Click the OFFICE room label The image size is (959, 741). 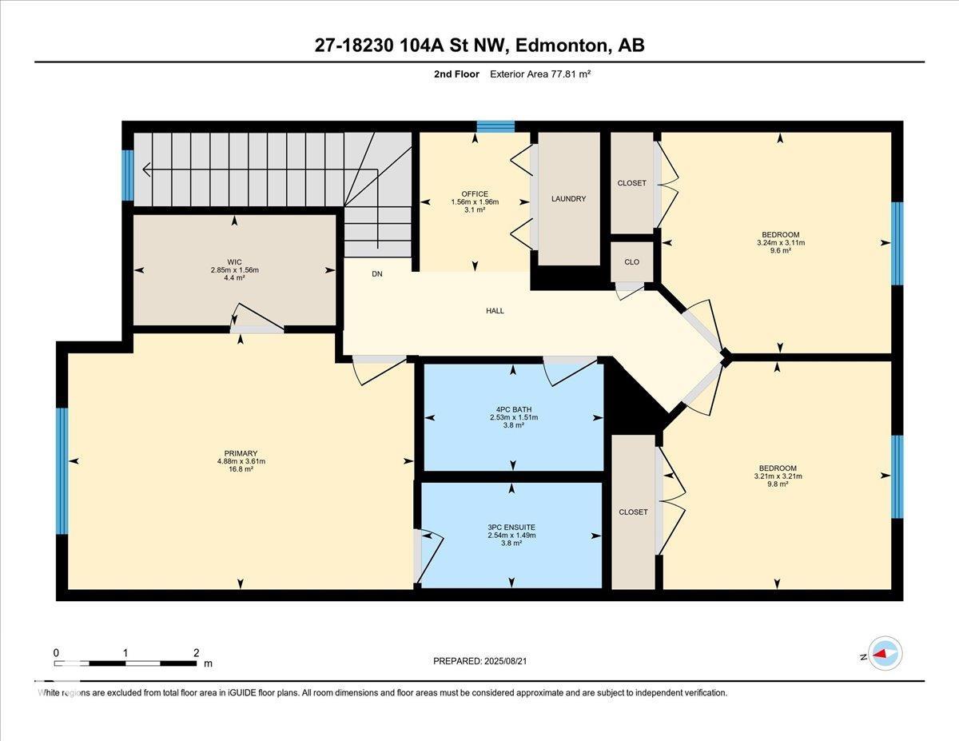pos(475,193)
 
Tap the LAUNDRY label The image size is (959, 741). pos(568,198)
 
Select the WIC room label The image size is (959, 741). pos(234,262)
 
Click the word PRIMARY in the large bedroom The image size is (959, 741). pos(241,453)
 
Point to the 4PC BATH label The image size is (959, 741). pos(513,409)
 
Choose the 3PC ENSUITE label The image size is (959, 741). pos(511,527)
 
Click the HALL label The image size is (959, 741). pos(495,311)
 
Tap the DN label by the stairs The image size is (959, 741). pos(377,274)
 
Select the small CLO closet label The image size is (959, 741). pos(631,261)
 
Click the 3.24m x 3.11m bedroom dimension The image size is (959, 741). pos(780,242)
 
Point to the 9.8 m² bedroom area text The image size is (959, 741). pos(777,484)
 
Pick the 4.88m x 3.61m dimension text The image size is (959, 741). pos(241,461)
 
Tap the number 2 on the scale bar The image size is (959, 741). pos(196,653)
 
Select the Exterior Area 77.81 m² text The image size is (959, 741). pos(540,74)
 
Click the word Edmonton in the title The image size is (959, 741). pos(561,46)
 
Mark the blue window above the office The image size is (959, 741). pos(495,126)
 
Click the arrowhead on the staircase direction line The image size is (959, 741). pos(145,169)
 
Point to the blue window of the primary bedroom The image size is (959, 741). pos(62,471)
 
